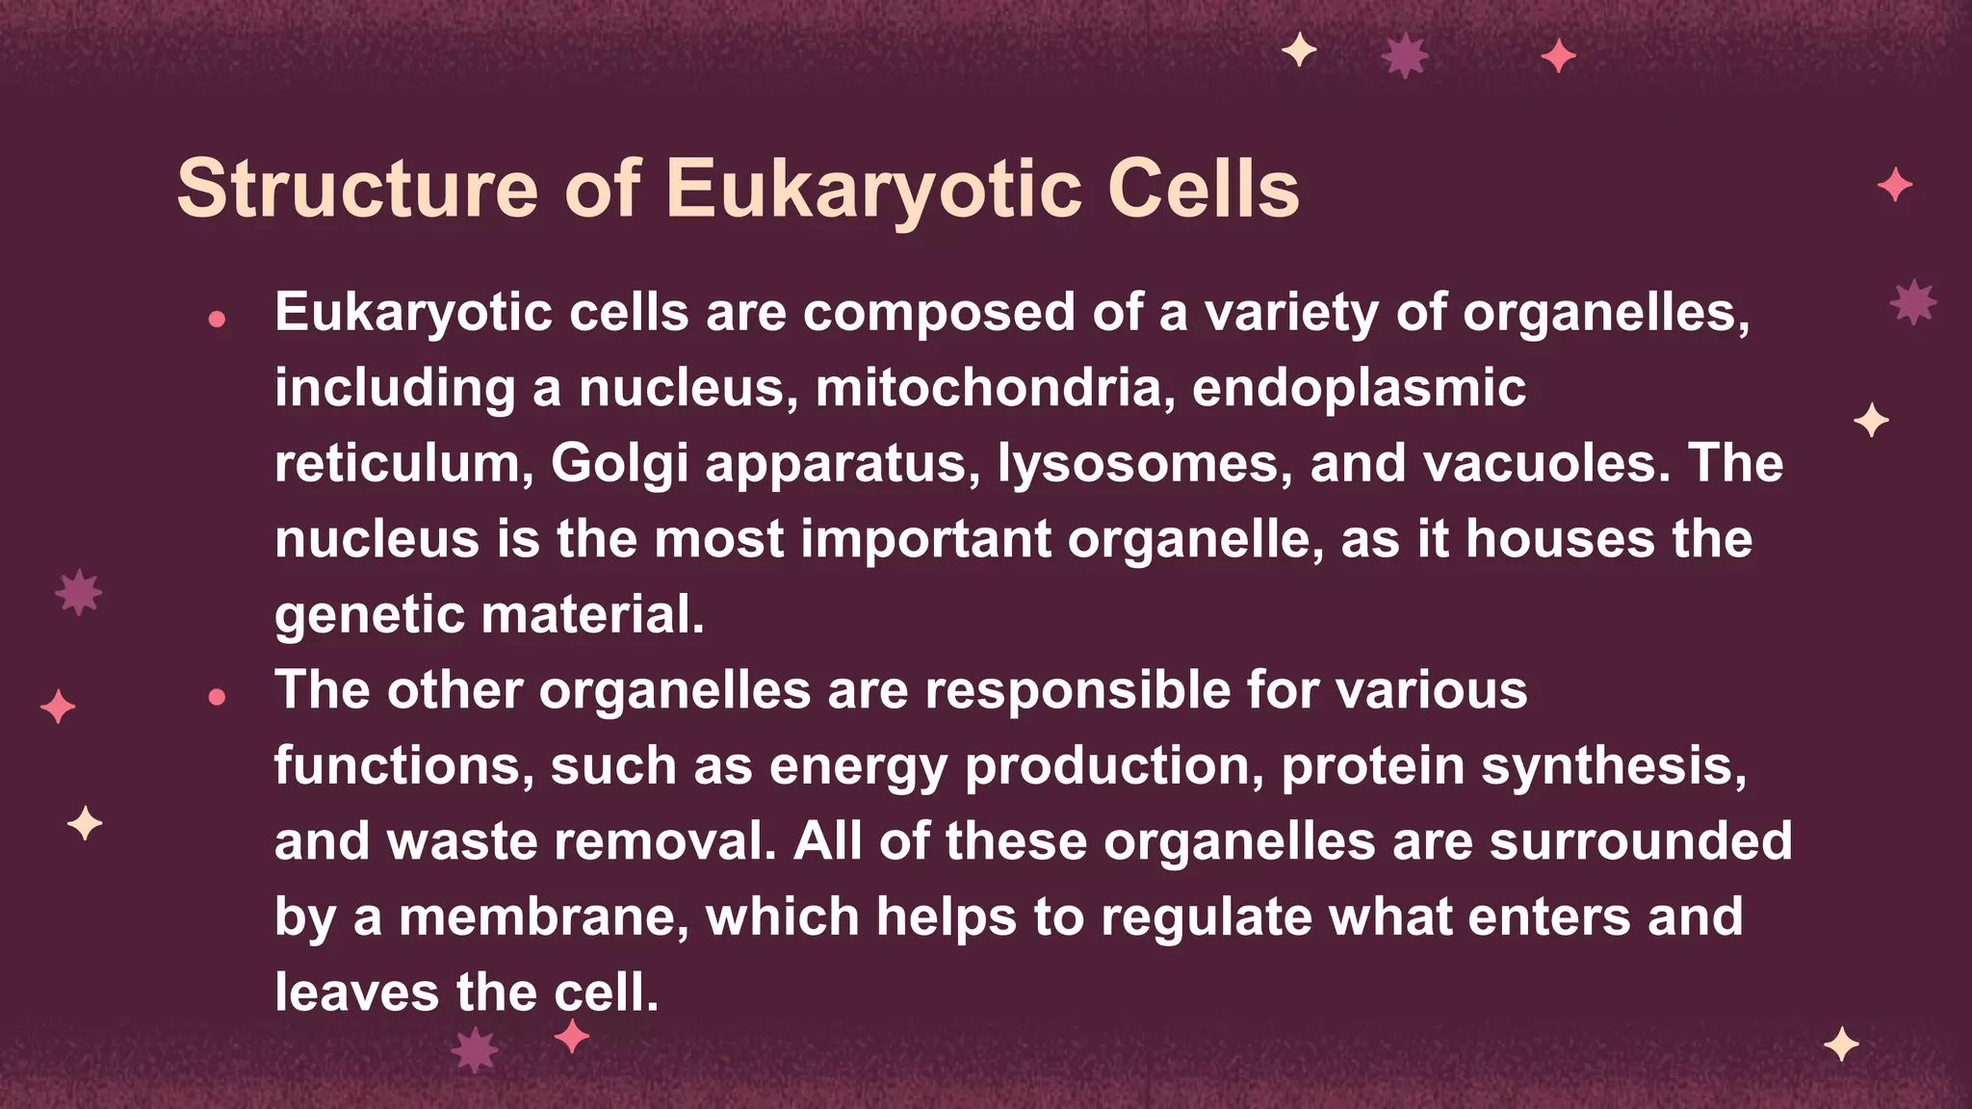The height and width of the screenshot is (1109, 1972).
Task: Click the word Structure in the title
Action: (x=357, y=189)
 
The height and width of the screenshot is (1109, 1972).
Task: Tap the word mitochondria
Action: (x=995, y=388)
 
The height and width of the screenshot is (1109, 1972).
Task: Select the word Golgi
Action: (x=619, y=464)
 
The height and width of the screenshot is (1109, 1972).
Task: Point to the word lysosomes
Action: (x=1144, y=464)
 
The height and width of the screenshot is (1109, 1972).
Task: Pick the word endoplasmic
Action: (x=1359, y=388)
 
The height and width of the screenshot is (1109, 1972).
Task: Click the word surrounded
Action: (x=1641, y=841)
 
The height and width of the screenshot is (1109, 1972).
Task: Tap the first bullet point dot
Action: (x=217, y=319)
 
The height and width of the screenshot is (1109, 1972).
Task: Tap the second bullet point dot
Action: (x=217, y=696)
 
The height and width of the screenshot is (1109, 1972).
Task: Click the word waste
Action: (x=461, y=841)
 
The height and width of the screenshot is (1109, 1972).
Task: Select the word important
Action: (x=925, y=539)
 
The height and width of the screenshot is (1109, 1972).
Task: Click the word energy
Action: (x=858, y=766)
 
